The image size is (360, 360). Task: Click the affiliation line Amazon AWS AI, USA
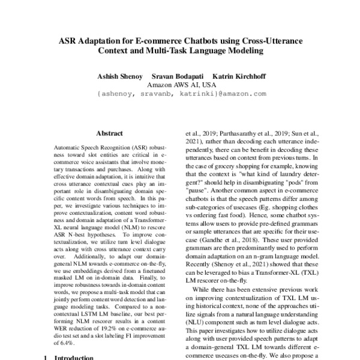[181, 85]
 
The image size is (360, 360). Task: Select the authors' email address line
[181, 94]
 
